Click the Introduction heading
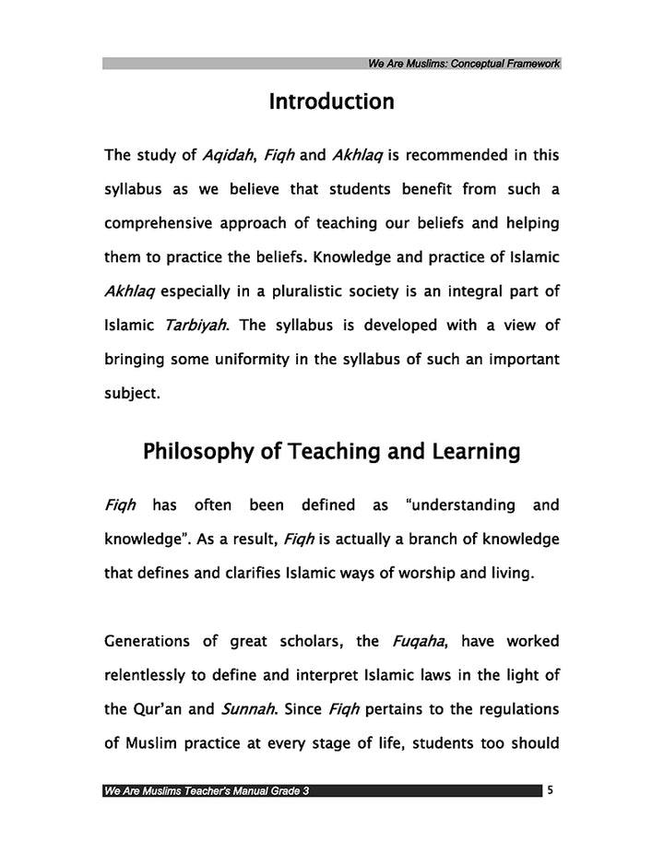[x=331, y=102]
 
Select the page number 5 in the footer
[x=550, y=789]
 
